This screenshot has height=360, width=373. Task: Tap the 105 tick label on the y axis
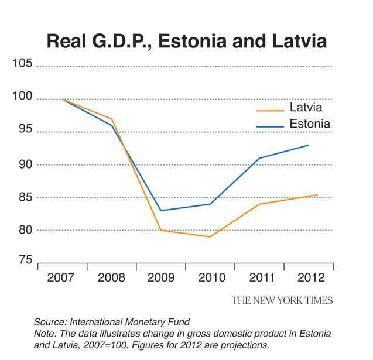coord(22,63)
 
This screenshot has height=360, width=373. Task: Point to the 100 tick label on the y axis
coord(22,96)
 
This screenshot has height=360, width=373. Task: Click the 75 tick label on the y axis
coord(25,259)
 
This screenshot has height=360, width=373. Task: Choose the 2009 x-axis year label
coord(160,277)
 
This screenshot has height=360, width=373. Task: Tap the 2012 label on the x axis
coord(309,277)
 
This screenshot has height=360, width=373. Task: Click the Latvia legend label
coord(306,107)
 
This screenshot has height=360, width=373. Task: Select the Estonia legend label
coord(310,124)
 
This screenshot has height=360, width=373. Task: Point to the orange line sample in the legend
coord(270,109)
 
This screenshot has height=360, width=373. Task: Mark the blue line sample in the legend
coord(270,125)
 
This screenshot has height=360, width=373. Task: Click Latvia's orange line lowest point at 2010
coord(210,236)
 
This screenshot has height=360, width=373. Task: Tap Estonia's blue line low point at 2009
coord(160,211)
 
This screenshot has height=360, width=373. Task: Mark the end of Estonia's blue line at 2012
coord(309,145)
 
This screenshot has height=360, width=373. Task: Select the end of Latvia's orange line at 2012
coord(317,195)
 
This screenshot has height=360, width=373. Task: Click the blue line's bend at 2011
coord(259,158)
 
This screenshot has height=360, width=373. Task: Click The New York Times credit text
coord(282,300)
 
